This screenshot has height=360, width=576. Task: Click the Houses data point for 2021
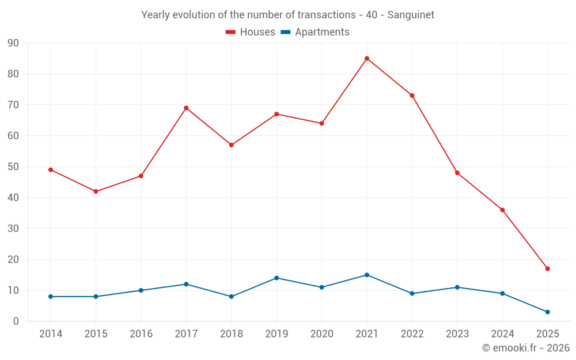367,58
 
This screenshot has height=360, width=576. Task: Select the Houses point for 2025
547,268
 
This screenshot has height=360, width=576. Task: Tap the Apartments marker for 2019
276,278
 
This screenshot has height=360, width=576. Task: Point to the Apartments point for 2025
547,312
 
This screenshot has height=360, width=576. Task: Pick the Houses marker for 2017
186,108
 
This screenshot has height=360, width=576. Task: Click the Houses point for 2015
96,191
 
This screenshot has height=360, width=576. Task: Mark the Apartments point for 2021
367,275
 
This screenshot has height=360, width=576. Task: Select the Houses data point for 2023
457,173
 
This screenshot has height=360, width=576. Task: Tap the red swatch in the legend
231,32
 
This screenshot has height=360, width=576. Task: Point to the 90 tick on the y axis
13,43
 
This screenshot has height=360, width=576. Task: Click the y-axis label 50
13,167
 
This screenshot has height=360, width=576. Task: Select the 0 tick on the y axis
16,321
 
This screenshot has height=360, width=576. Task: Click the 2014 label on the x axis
51,334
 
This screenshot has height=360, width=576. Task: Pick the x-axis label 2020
321,334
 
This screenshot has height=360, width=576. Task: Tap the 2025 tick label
547,334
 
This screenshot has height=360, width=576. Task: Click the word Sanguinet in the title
411,15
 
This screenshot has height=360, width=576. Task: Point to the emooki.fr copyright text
526,348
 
